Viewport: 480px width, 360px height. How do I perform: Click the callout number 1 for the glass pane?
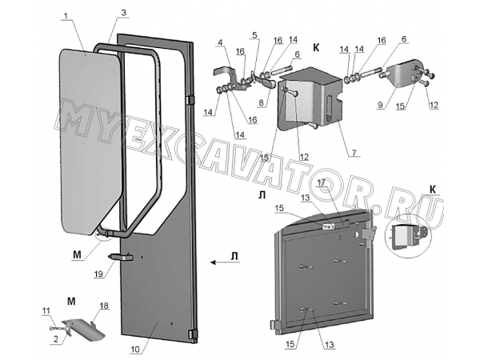tap(65, 15)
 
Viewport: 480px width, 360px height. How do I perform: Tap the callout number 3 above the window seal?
tap(123, 13)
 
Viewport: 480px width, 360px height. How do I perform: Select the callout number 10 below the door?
tap(135, 350)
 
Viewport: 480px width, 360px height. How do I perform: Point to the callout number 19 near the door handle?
tap(98, 274)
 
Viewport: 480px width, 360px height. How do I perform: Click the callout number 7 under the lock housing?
tap(354, 152)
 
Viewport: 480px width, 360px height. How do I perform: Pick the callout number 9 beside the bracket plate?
tap(380, 105)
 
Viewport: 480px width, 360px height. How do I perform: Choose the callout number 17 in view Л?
tap(321, 182)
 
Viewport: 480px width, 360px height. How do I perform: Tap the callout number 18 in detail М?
tap(104, 306)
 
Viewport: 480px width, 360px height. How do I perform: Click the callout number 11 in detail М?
tap(46, 310)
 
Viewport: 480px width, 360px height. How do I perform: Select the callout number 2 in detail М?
tap(56, 339)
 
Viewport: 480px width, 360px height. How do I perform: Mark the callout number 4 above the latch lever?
tap(219, 43)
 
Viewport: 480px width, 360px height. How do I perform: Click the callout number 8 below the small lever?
tap(261, 103)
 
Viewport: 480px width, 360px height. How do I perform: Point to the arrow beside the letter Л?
tap(218, 262)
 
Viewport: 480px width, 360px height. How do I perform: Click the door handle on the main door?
tap(121, 257)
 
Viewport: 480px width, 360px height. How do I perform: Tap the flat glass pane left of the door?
tap(90, 142)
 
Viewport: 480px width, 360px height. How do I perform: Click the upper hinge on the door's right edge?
tap(190, 101)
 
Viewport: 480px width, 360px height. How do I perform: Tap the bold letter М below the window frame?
tap(78, 254)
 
